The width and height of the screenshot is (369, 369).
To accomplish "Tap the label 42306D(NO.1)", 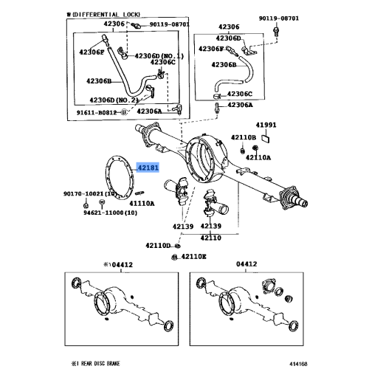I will pos(157,55).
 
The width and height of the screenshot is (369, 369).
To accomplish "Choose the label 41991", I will pos(266,125).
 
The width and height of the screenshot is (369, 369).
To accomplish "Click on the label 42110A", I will pos(258,157).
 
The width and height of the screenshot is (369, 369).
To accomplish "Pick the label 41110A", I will pos(142,202).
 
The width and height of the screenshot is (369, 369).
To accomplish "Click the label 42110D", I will pos(158,245).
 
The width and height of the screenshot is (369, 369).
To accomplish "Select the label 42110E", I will pos(194,256).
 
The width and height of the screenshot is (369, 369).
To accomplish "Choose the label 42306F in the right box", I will pos(211,49).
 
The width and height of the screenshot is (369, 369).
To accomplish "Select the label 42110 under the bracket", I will pos(212,238).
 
